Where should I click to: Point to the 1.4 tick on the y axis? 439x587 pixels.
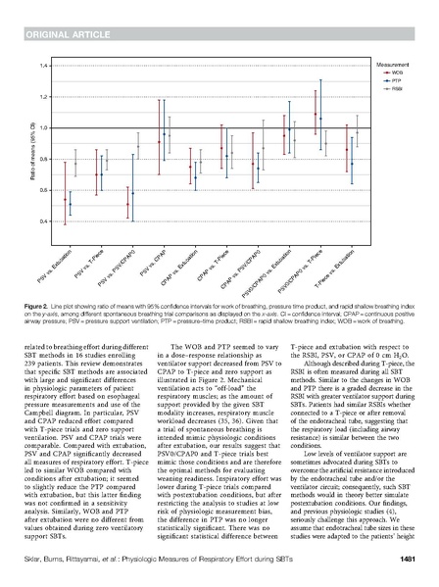tap(42, 66)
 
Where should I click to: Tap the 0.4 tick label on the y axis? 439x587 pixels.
tap(42, 221)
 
